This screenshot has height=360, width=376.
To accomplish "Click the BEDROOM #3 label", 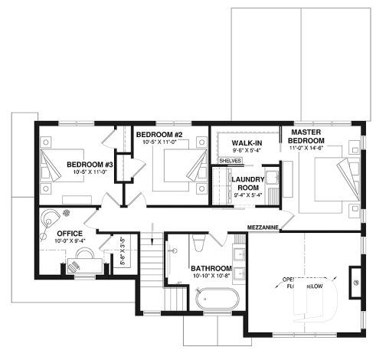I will point(90,164).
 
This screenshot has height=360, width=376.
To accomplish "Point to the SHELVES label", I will point(230,161).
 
